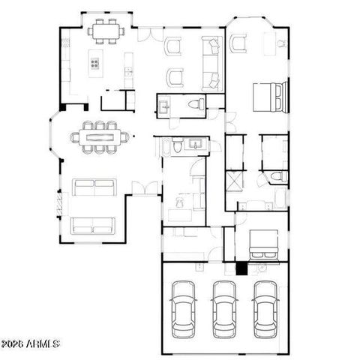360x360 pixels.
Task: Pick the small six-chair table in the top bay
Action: tap(105, 31)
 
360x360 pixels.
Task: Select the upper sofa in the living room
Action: tap(94, 187)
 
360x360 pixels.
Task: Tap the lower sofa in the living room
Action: tap(93, 225)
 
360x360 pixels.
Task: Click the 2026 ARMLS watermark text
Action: tap(31, 344)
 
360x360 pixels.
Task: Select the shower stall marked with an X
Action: tap(234, 181)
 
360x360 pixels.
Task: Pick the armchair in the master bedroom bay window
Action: tap(241, 45)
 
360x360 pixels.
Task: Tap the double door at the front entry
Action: tap(145, 188)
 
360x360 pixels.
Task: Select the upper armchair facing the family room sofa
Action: tap(174, 46)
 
